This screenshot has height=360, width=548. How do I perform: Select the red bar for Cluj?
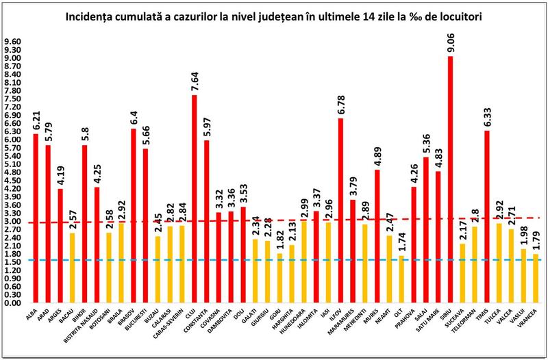[x=193, y=198]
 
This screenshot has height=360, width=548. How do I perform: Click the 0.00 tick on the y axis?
[x=14, y=303]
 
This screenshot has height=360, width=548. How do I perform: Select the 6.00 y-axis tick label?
[x=14, y=140]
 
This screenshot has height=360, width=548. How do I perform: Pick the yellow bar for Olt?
[x=401, y=279]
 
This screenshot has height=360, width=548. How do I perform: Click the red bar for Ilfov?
[x=340, y=211]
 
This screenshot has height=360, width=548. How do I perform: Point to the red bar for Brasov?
[x=134, y=216]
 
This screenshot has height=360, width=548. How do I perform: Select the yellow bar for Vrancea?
[x=534, y=279]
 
